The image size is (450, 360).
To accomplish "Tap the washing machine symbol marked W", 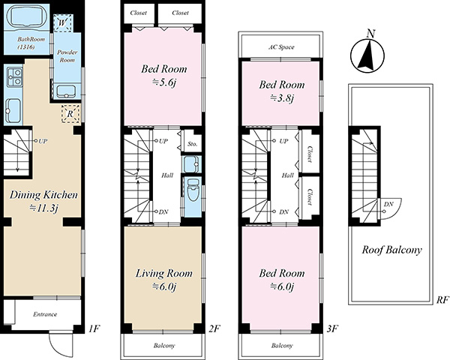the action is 63,23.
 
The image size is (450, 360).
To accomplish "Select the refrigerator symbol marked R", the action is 70,114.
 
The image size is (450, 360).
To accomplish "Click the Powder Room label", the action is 67,56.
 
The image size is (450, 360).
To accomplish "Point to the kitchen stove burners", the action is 14,77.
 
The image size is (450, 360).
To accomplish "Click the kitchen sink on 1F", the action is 13,110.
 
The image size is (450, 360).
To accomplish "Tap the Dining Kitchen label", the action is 43,195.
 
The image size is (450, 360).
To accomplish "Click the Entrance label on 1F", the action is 45,314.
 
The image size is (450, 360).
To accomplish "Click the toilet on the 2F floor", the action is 192,190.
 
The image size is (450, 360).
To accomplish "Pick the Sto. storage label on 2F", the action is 192,144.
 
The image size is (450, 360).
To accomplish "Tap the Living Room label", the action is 163,273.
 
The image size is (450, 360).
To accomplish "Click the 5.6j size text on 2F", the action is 163,83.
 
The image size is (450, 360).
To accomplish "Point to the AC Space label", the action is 281,47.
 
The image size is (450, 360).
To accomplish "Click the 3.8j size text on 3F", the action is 282,98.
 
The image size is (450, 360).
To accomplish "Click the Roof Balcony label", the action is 391,250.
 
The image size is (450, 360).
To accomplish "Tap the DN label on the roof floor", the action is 388,205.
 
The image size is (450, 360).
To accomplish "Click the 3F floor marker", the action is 332,328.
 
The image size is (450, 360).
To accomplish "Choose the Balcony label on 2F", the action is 164,345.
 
